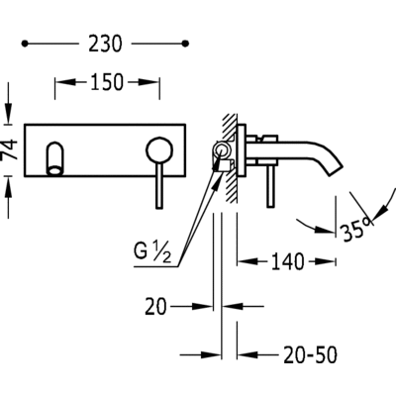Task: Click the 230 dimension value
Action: tap(105, 44)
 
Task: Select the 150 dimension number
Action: tap(107, 82)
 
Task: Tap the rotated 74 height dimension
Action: tap(9, 150)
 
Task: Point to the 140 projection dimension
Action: tap(287, 261)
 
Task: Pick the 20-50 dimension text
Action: tap(310, 354)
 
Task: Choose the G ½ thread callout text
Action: tap(152, 252)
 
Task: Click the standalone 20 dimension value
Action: tap(155, 307)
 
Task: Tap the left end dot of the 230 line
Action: tap(25, 44)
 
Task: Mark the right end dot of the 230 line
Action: tap(185, 44)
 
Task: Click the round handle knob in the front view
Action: tap(159, 150)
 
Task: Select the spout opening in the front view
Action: tap(54, 171)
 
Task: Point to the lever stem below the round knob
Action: tap(159, 186)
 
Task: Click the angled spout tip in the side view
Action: tap(336, 168)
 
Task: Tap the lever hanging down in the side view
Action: tap(271, 186)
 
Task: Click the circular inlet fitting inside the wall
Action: tap(221, 150)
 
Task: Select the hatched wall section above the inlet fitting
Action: tap(230, 127)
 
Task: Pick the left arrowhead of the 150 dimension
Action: tap(64, 82)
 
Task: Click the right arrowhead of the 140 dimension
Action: tap(326, 261)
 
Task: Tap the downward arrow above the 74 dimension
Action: tap(9, 113)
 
